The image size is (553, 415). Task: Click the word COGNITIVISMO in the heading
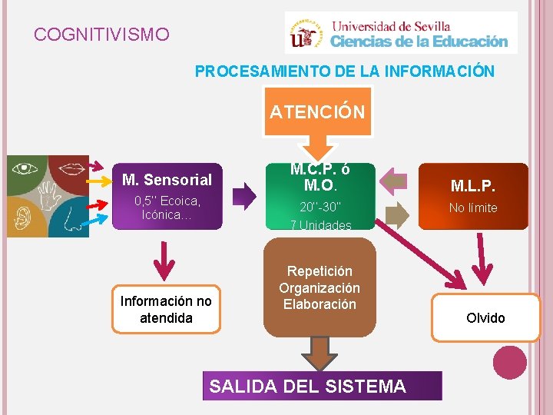(101, 35)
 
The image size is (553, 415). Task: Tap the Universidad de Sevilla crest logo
(307, 33)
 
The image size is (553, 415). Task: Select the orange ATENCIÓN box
(316, 112)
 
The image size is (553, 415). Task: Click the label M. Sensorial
(167, 180)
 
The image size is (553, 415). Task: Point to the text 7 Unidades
(321, 225)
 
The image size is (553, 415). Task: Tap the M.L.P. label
(473, 187)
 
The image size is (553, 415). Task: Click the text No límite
(473, 207)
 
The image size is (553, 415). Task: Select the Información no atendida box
(166, 309)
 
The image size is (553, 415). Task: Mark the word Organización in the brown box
(320, 287)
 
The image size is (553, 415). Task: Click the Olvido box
(485, 317)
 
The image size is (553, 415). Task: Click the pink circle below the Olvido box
(510, 362)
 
